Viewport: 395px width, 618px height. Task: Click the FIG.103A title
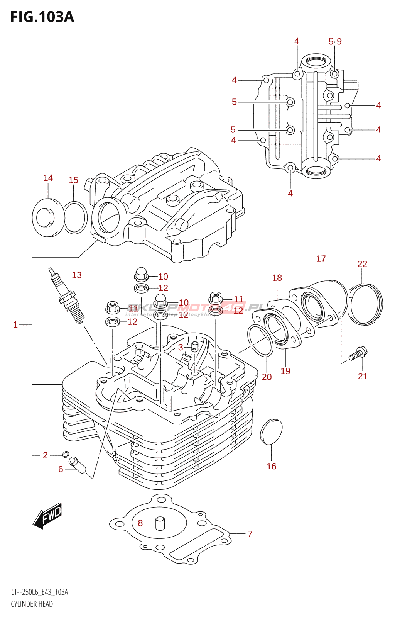[42, 17]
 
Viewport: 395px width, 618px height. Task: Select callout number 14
[48, 178]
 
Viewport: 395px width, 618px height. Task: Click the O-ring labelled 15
[76, 218]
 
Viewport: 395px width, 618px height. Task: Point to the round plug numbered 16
[271, 431]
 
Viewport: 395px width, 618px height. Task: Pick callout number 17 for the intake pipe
[321, 259]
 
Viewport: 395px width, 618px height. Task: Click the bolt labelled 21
[358, 353]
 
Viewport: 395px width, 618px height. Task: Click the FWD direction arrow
[47, 516]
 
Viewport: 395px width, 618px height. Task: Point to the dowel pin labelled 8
[160, 523]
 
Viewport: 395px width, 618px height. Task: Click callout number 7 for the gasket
[250, 534]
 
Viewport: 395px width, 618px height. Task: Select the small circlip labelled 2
[65, 454]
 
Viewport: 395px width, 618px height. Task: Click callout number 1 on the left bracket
[15, 325]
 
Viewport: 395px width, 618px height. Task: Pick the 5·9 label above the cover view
[335, 41]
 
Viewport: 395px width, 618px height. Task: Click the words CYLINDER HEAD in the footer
[32, 604]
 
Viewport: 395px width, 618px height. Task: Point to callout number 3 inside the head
[181, 347]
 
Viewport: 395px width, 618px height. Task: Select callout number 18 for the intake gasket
[277, 278]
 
